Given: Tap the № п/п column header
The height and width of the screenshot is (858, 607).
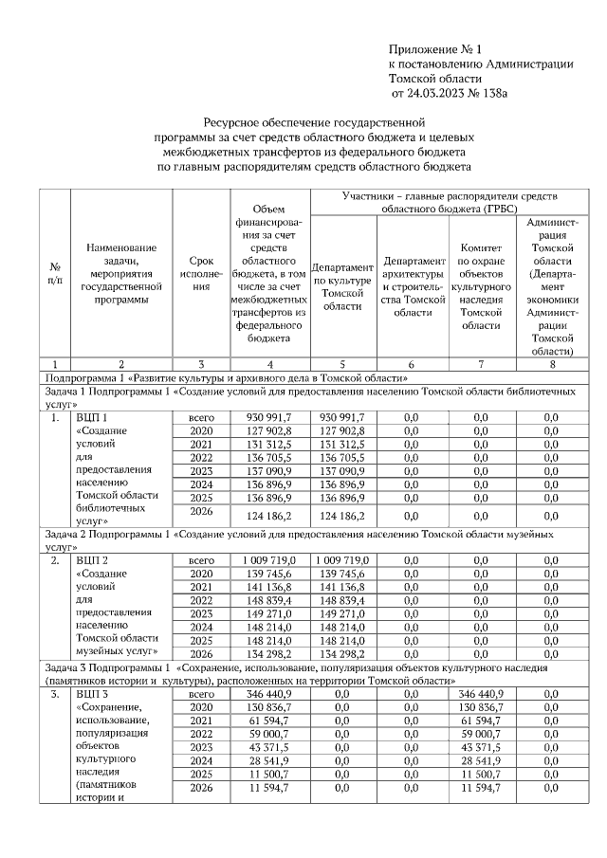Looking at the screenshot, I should (x=56, y=274).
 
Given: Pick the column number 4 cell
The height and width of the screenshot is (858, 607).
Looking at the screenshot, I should (x=269, y=363).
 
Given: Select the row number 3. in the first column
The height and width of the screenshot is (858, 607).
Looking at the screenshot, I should (x=56, y=695).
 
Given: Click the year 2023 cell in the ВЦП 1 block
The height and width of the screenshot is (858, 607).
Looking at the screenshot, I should (x=199, y=470).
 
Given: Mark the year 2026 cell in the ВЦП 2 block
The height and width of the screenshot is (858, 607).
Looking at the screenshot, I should (x=199, y=654).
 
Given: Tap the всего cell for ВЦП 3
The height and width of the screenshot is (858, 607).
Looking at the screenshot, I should (x=199, y=695).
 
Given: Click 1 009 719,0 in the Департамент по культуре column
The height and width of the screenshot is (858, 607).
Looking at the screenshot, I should (x=342, y=560).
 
